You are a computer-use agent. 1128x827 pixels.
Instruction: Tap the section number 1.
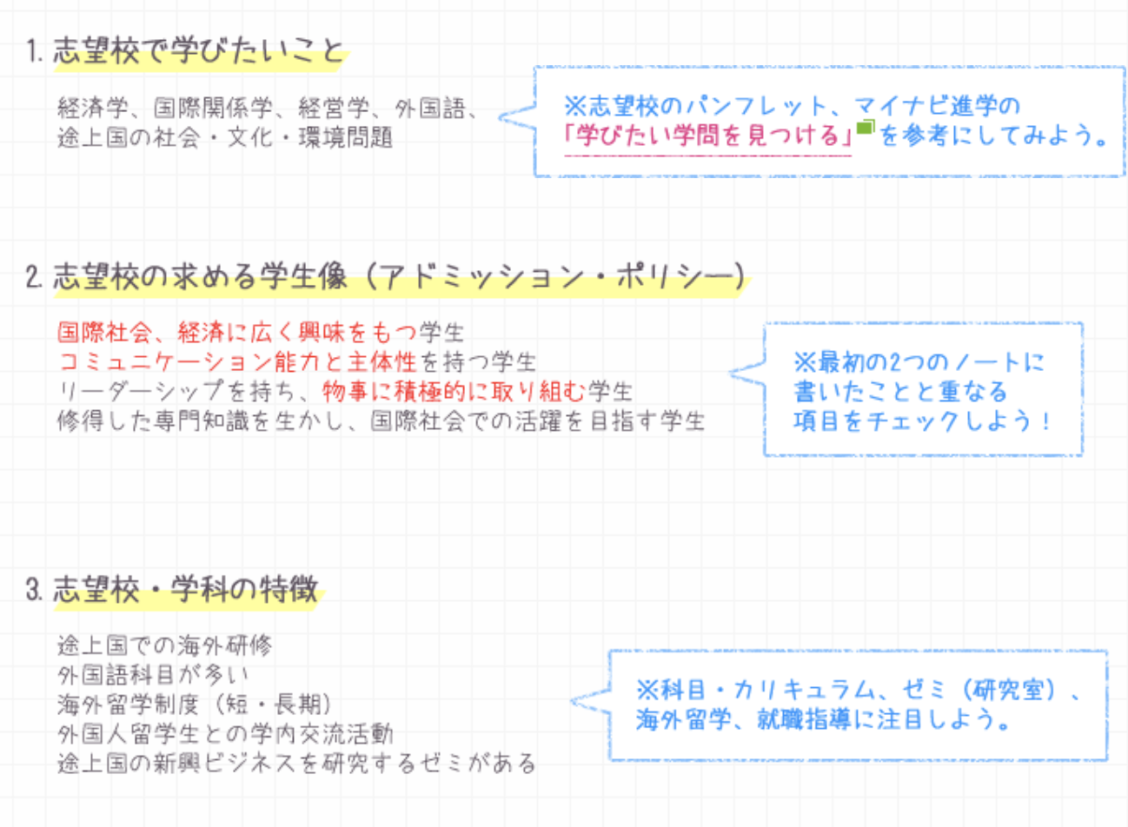(x=35, y=51)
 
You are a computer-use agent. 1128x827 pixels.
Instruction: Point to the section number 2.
(x=35, y=277)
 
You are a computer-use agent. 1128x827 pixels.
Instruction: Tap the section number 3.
(x=35, y=590)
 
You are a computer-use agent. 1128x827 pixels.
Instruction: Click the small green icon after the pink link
(x=865, y=129)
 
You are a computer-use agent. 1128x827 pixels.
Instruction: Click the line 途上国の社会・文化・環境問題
(x=225, y=137)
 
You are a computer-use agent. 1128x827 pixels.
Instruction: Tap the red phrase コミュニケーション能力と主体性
(x=237, y=361)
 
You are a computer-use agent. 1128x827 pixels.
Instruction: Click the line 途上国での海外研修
(x=164, y=645)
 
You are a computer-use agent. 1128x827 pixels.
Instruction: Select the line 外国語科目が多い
(x=153, y=675)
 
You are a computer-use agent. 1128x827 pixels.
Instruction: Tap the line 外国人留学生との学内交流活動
(x=225, y=733)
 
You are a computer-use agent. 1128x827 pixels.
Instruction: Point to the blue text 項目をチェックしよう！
(x=922, y=421)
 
